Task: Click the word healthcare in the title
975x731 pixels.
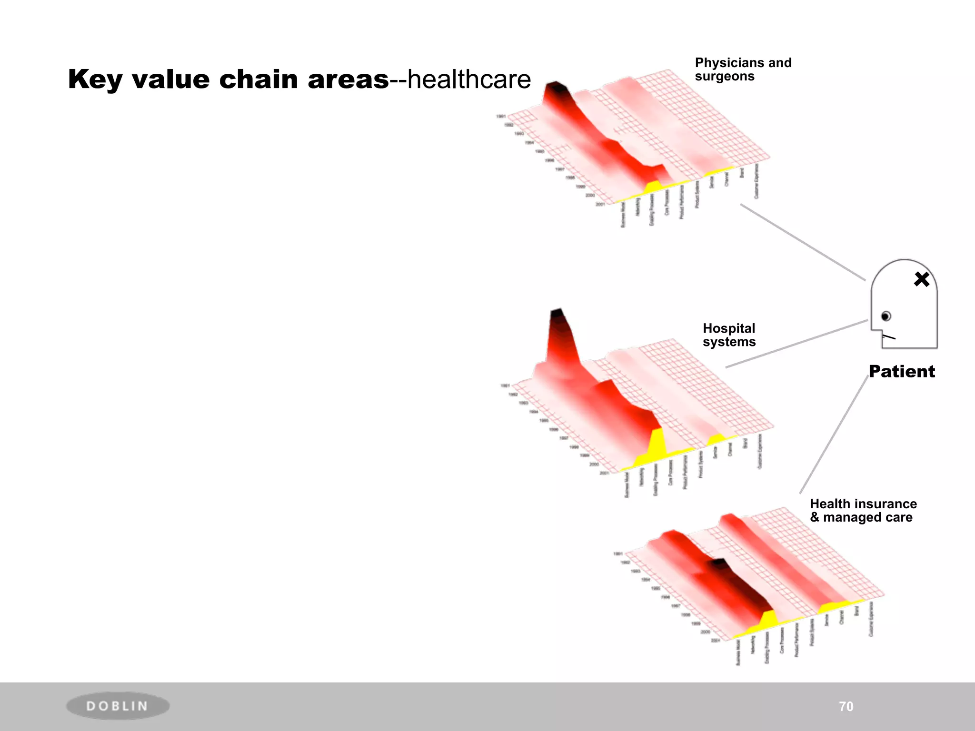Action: click(469, 79)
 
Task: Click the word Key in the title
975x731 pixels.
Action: click(95, 79)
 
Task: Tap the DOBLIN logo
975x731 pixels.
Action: click(118, 705)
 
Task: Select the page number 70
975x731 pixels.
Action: click(846, 706)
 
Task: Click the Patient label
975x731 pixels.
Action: click(902, 371)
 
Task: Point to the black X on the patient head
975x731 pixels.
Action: click(922, 279)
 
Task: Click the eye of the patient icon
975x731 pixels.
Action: click(885, 316)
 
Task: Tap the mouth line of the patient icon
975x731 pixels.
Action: click(888, 337)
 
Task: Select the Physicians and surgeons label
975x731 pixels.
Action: click(743, 69)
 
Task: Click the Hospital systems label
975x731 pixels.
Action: click(729, 335)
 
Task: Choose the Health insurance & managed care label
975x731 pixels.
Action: click(863, 510)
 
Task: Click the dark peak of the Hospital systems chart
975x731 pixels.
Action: click(557, 315)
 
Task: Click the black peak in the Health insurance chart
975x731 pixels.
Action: click(717, 564)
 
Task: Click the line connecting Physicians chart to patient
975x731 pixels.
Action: click(803, 242)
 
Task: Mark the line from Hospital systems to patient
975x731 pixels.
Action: click(796, 344)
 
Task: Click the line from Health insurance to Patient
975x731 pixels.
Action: click(834, 434)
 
